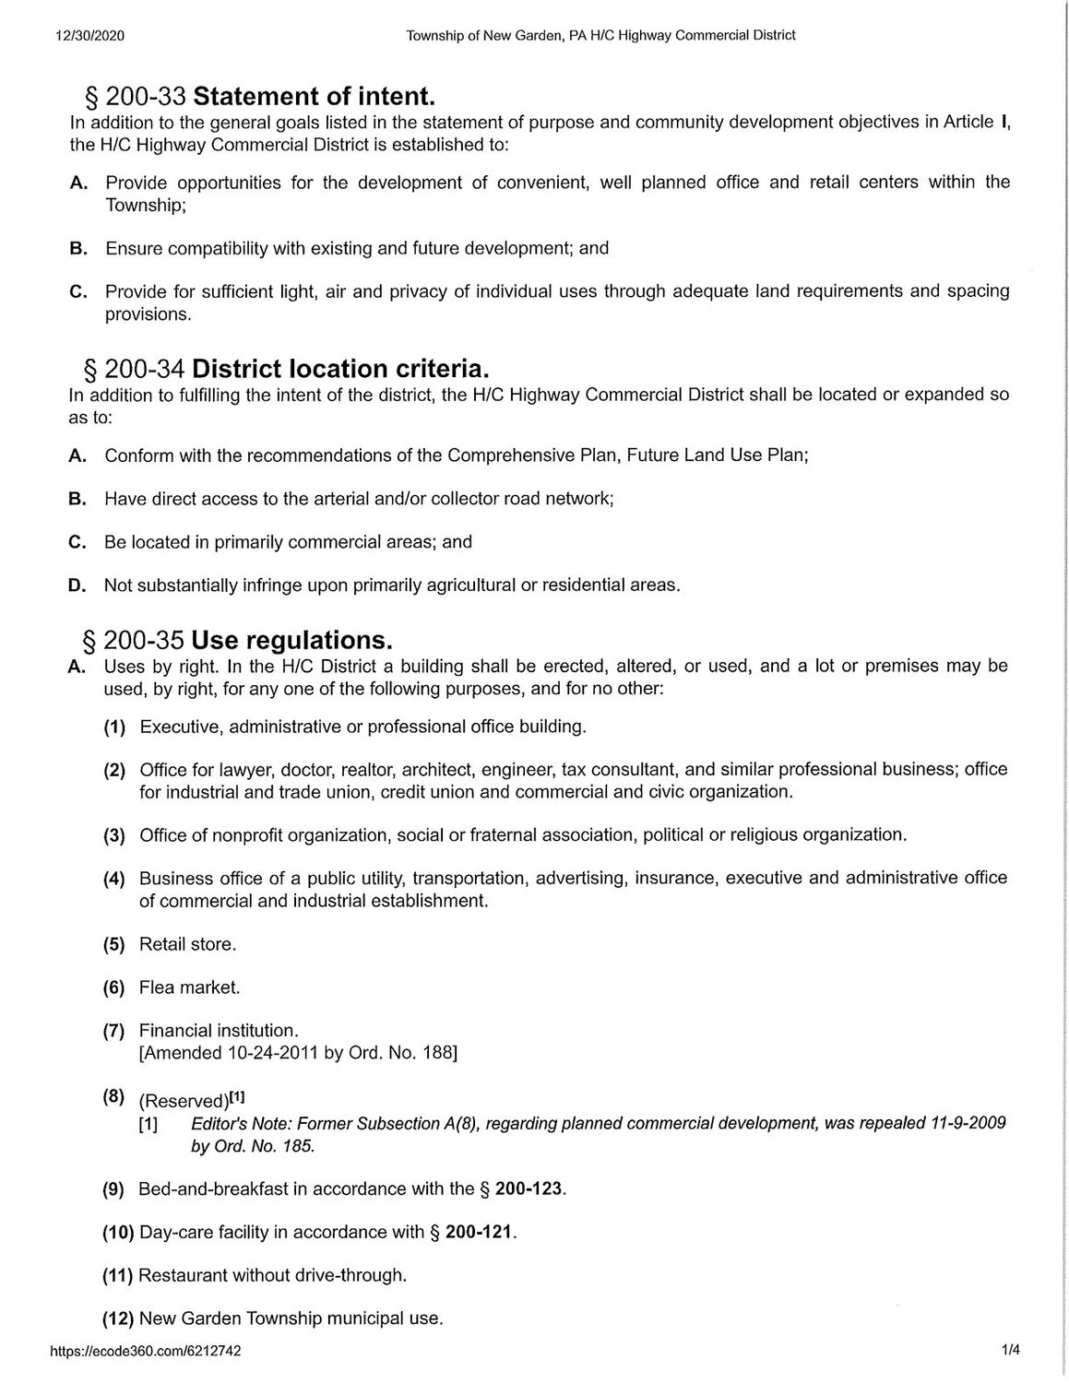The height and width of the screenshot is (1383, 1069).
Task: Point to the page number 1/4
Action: [x=1011, y=1351]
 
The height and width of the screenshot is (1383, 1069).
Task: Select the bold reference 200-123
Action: [x=529, y=1188]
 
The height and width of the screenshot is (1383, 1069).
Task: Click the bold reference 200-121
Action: [x=479, y=1232]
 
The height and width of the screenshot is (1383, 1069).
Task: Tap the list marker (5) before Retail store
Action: [x=113, y=944]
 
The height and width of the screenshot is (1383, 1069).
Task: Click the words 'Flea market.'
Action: [x=189, y=987]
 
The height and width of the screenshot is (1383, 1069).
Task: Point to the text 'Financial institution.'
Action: [x=219, y=1030]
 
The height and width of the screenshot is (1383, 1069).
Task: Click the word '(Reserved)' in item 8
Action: [x=183, y=1101]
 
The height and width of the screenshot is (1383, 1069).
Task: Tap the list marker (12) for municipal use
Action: [x=117, y=1318]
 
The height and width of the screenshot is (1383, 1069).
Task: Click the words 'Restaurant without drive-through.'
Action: [x=272, y=1275]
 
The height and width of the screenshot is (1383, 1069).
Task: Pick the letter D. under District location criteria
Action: [x=77, y=585]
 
